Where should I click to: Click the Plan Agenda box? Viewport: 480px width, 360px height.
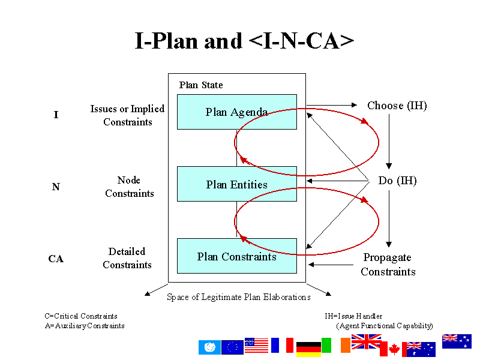(236, 112)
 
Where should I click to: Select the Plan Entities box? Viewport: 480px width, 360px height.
(236, 184)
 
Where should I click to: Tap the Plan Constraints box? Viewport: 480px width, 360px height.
(236, 256)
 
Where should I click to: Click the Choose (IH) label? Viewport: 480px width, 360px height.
(397, 106)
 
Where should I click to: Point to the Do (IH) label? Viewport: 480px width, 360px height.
(397, 181)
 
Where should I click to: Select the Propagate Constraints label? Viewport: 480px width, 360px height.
(388, 265)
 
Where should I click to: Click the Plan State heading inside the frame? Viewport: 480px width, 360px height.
(201, 85)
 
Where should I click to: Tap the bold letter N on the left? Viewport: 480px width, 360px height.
(56, 187)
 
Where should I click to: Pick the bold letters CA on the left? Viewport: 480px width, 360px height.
(56, 259)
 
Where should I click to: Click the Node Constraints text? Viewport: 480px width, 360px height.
(129, 187)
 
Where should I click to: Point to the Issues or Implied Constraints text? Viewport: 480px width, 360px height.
(127, 115)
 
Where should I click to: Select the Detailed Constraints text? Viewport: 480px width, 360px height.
(127, 258)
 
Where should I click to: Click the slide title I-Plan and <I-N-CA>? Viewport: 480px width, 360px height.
(244, 41)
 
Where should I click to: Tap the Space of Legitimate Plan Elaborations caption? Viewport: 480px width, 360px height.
(238, 297)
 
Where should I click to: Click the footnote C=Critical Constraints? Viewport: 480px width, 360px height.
(81, 316)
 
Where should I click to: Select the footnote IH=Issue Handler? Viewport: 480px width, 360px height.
(353, 316)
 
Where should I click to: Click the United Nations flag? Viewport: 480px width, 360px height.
(209, 347)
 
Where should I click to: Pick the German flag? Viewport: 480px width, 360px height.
(308, 350)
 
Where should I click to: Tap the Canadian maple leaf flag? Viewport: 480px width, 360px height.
(391, 349)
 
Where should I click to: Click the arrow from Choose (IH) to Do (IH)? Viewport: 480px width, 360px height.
(389, 142)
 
